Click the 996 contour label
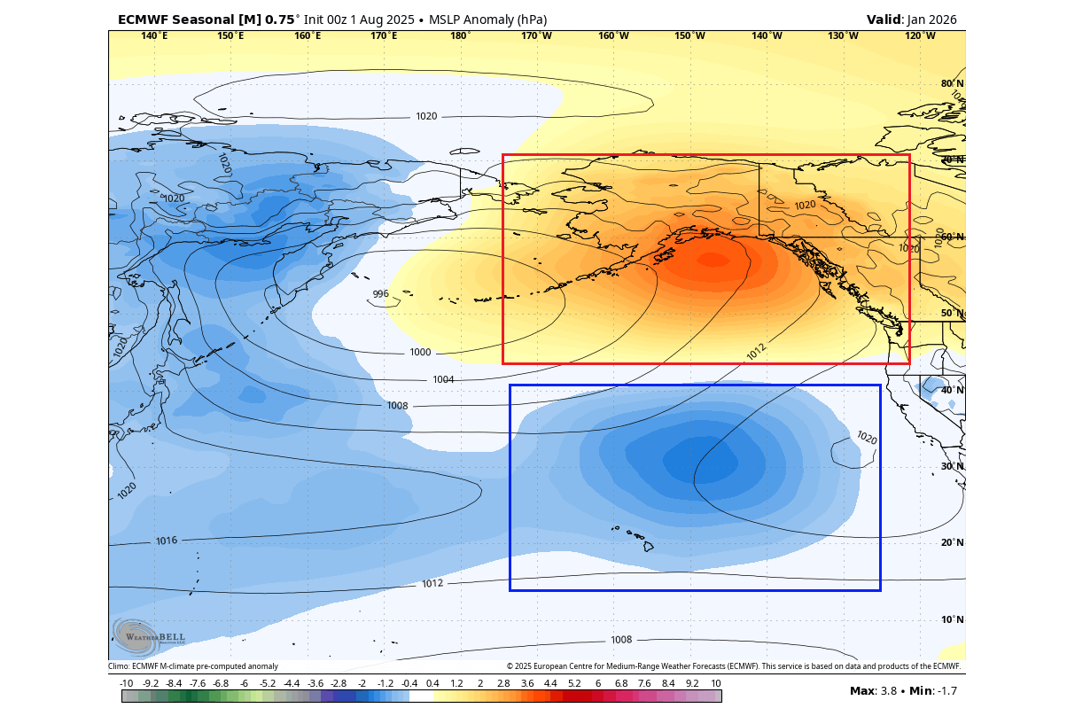380,294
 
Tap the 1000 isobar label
420,353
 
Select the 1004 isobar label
443,380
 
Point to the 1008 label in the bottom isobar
621,640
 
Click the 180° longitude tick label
460,36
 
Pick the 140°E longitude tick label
154,36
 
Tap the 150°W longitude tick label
689,36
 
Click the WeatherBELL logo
142,636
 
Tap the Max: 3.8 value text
876,691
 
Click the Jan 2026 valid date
931,19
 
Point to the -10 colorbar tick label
127,683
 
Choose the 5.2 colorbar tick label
574,683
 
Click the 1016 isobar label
167,541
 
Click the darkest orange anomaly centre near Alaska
712,261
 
